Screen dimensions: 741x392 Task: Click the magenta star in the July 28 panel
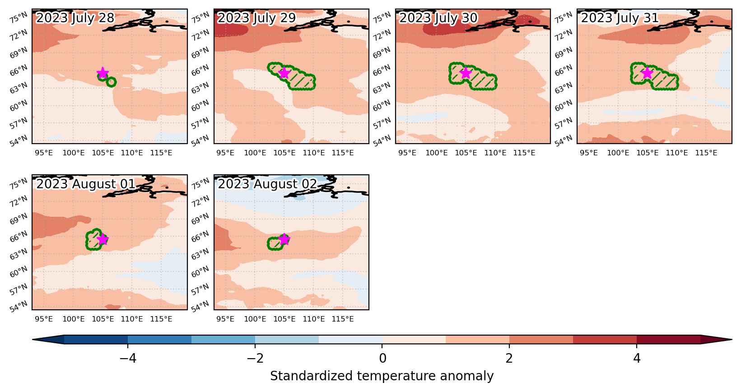pos(103,73)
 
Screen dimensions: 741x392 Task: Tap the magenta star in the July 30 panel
pos(466,73)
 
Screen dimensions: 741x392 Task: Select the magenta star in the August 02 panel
pos(284,239)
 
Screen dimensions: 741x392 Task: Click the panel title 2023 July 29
pos(256,18)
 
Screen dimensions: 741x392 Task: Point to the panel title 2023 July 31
pos(620,18)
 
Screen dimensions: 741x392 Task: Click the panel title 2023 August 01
pos(86,184)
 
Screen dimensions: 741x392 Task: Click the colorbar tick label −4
pos(128,358)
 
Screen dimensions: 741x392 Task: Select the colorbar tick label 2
pos(509,358)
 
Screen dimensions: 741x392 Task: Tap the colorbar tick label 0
pos(382,358)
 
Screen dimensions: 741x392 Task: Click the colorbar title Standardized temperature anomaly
pos(382,376)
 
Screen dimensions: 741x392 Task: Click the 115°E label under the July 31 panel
pos(706,153)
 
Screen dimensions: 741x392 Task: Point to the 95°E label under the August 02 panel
pos(225,319)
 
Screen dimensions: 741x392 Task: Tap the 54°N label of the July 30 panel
pos(382,140)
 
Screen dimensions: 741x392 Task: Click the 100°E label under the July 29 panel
pos(255,153)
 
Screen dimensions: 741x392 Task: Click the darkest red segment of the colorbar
pos(669,340)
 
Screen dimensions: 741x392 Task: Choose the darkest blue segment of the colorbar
pos(96,340)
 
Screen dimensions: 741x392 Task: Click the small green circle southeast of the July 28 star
pos(112,82)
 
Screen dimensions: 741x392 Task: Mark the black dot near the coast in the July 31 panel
pos(712,22)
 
